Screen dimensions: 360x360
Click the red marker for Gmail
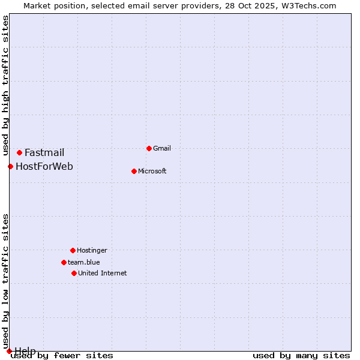[149, 148]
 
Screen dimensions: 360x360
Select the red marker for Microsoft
[134, 171]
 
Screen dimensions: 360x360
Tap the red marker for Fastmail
[19, 152]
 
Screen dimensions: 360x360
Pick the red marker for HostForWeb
[10, 166]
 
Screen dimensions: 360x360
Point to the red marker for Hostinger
[73, 250]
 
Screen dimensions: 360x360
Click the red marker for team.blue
[64, 262]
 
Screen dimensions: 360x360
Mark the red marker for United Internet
[74, 273]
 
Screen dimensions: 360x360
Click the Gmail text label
[162, 148]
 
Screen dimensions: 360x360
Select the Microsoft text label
[152, 171]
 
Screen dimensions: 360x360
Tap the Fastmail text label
[44, 152]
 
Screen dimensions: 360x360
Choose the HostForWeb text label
[44, 166]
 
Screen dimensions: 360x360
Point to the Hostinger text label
[92, 250]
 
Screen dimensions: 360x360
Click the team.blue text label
[84, 262]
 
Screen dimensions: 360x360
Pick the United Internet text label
[103, 273]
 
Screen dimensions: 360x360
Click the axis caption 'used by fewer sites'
[62, 355]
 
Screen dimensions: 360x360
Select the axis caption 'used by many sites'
[301, 355]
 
